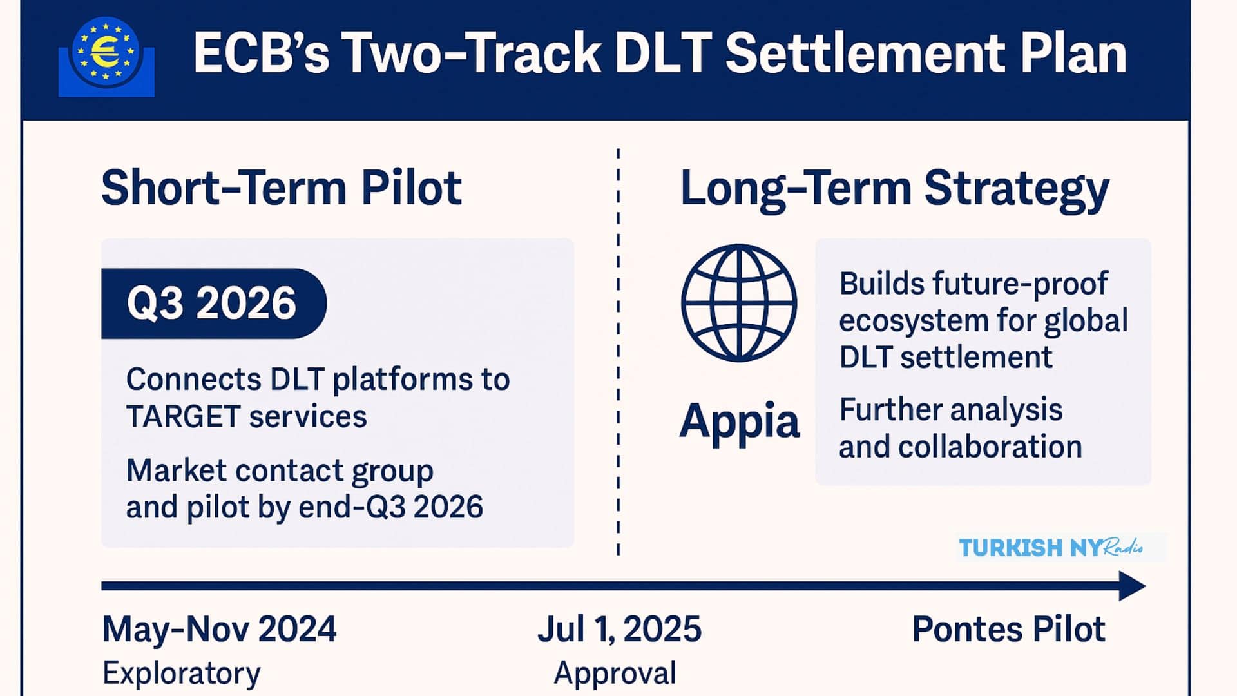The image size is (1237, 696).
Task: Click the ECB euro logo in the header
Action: [x=106, y=57]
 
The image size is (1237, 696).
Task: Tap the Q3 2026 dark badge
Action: [x=214, y=304]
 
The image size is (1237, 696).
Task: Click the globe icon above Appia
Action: [x=739, y=302]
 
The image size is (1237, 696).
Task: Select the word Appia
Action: [x=739, y=421]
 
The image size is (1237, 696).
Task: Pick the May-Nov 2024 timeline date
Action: [x=219, y=629]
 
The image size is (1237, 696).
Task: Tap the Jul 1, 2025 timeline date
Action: [x=619, y=629]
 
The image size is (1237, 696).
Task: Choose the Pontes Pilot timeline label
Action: [x=1008, y=629]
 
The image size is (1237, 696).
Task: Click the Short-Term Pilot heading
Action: [x=282, y=188]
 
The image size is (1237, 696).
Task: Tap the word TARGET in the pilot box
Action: [x=184, y=416]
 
